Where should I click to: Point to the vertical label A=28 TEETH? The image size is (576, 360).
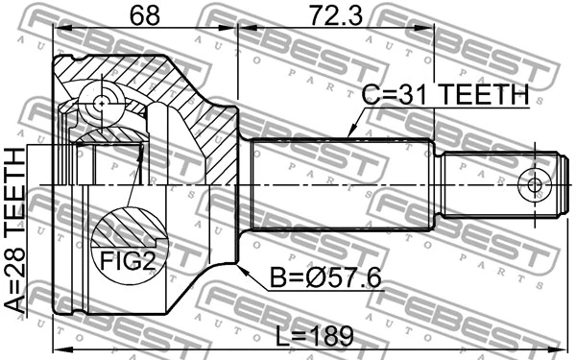[15, 230]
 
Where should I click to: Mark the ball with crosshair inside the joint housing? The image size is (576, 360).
[102, 100]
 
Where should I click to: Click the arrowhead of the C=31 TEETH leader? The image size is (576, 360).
[348, 135]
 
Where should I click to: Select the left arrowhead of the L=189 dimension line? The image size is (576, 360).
[56, 348]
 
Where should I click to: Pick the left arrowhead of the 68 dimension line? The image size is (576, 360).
[56, 29]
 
